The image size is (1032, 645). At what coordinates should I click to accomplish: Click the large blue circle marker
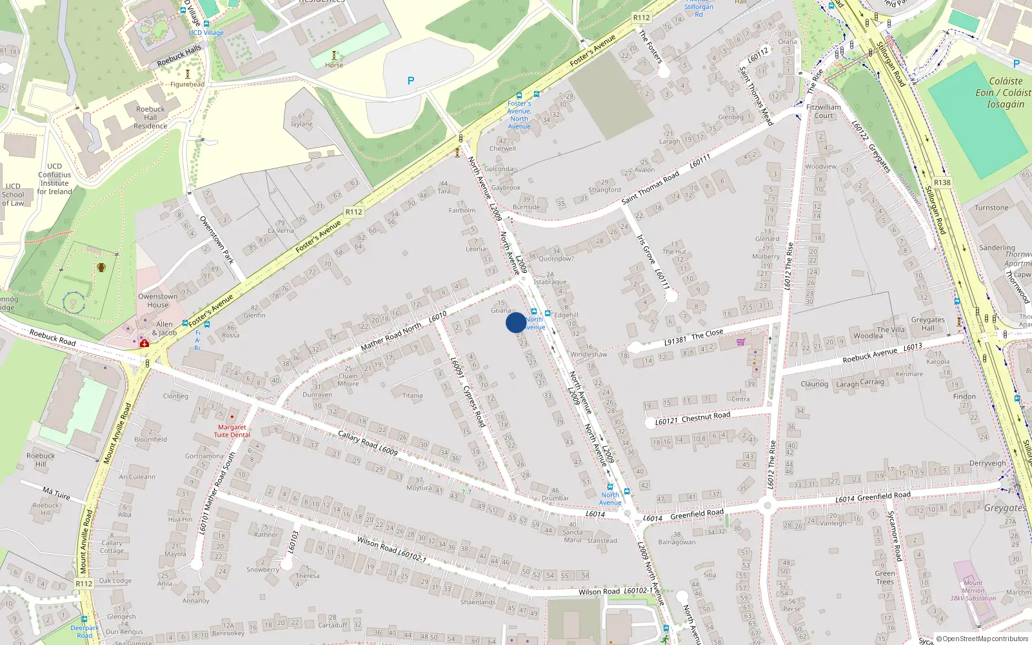(x=515, y=322)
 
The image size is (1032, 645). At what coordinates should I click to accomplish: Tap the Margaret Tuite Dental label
(x=232, y=431)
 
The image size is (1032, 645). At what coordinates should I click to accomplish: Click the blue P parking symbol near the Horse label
(x=410, y=81)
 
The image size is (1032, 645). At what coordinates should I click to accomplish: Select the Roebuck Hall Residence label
(x=150, y=117)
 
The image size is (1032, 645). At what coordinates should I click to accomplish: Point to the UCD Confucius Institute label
(x=55, y=179)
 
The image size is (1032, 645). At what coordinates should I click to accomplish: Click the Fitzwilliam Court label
(x=824, y=112)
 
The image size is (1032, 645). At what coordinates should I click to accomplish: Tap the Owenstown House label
(x=157, y=301)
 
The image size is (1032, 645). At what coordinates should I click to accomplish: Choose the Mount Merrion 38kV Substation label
(x=973, y=590)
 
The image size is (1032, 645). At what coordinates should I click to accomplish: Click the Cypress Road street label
(x=474, y=406)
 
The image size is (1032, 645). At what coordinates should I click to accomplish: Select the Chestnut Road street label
(x=706, y=417)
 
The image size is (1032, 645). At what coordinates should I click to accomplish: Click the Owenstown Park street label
(x=216, y=239)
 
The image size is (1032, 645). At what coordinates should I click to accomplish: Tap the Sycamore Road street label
(x=894, y=535)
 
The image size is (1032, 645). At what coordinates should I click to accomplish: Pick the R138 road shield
(x=942, y=183)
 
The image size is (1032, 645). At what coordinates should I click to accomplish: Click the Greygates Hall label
(x=928, y=324)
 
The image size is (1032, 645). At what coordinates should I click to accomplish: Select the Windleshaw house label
(x=588, y=354)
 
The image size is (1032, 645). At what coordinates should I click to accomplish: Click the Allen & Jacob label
(x=164, y=329)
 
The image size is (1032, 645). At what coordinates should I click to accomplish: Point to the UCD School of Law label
(x=13, y=195)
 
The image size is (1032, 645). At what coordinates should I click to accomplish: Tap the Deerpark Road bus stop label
(x=84, y=631)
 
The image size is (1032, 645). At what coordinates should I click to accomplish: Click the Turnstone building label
(x=991, y=208)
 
